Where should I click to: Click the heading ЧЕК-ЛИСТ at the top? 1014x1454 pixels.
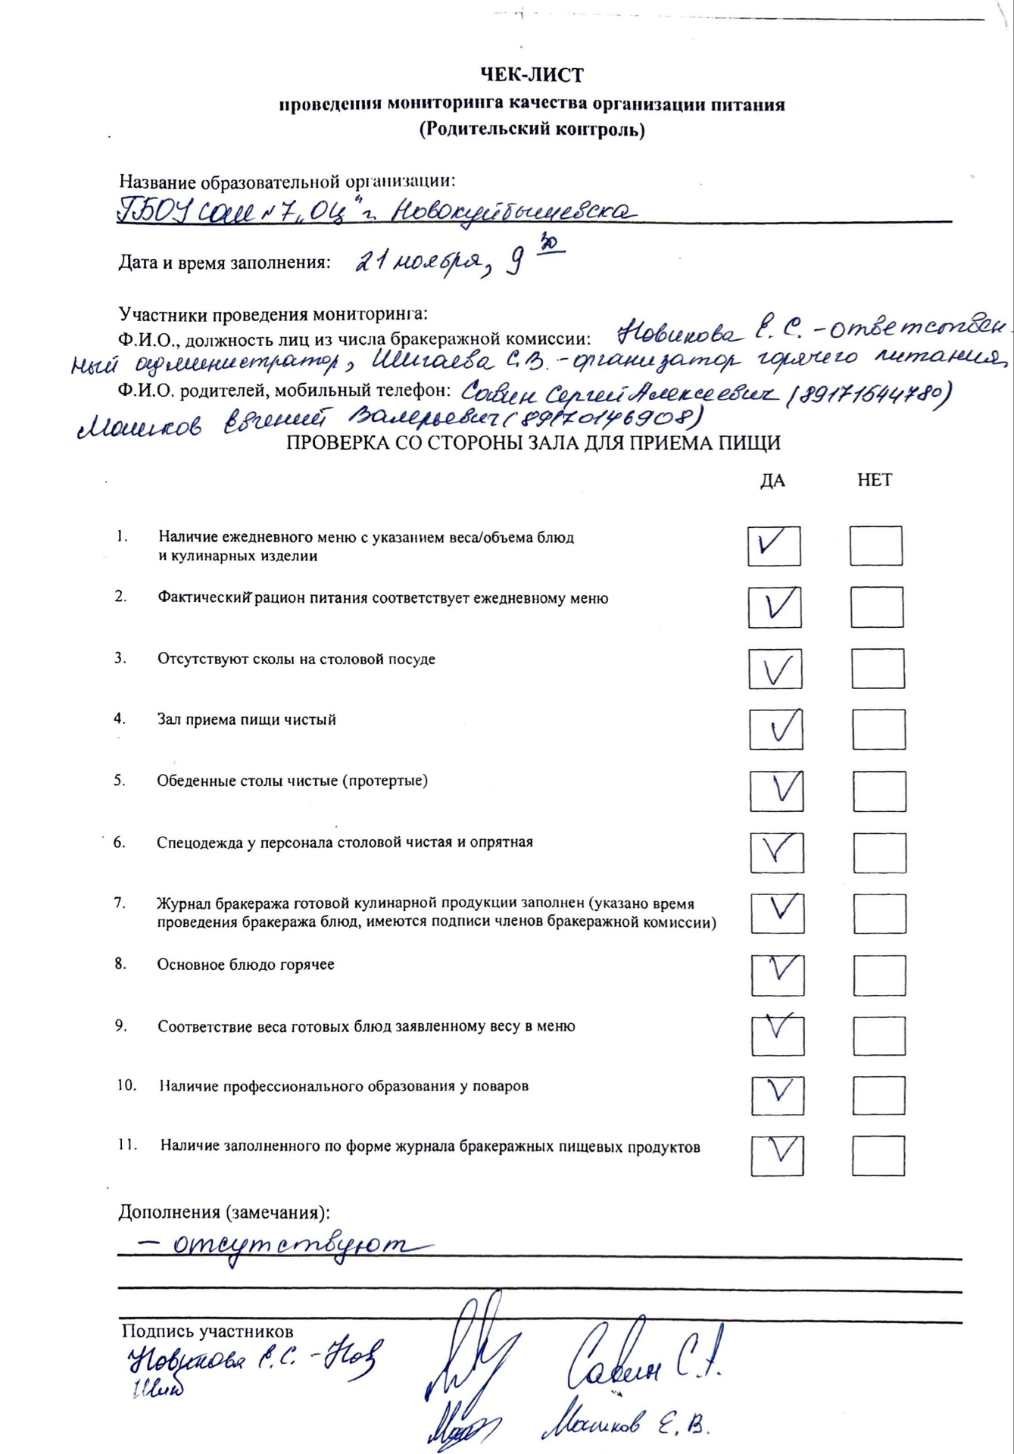pos(532,75)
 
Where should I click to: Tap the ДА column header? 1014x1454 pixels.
pos(772,480)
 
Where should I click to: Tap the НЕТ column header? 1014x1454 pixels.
pos(875,480)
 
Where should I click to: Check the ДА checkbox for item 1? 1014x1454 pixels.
pos(774,546)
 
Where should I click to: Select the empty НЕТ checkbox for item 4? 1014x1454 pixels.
pos(878,730)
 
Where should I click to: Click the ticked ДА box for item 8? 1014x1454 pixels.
pos(778,975)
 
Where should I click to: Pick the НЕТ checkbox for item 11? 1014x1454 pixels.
pos(878,1156)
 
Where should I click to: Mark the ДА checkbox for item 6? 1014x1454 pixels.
pos(777,852)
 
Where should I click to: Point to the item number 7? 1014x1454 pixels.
pos(119,903)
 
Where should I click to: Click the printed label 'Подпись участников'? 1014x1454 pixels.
pos(207,1331)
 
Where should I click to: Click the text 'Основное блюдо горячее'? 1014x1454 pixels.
pos(245,965)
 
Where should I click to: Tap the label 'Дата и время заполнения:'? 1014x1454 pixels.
pos(224,263)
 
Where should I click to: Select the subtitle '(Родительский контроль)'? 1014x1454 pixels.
pos(532,129)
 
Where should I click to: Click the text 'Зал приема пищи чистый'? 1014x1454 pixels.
pos(246,719)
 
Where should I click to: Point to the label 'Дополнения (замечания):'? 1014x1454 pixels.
pos(224,1212)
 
